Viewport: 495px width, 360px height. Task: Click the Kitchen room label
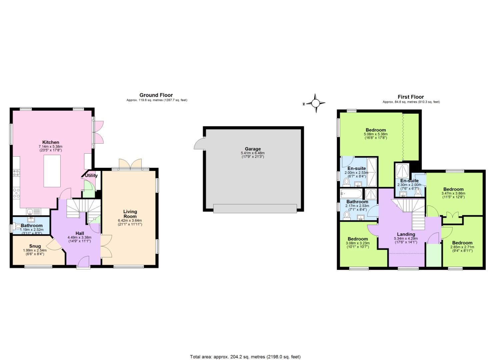tap(51, 142)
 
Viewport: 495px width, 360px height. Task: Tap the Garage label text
tap(253, 149)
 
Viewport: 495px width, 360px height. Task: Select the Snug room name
tap(35, 246)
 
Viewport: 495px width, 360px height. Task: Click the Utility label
tap(91, 175)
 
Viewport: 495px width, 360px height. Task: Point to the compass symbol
tap(315, 103)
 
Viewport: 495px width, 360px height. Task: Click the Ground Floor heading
tap(156, 95)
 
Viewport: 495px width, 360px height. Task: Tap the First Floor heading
tap(411, 97)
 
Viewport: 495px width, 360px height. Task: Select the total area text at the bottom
tap(245, 357)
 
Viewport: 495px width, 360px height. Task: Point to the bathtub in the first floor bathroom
tap(351, 194)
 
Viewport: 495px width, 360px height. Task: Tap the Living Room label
tap(130, 214)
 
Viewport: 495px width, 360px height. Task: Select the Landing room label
tap(406, 234)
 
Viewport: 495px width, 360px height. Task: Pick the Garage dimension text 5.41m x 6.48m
tap(252, 153)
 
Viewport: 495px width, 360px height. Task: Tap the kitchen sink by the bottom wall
tap(31, 211)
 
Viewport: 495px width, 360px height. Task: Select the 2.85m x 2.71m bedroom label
tap(462, 243)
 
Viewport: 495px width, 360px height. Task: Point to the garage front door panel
tap(255, 208)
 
